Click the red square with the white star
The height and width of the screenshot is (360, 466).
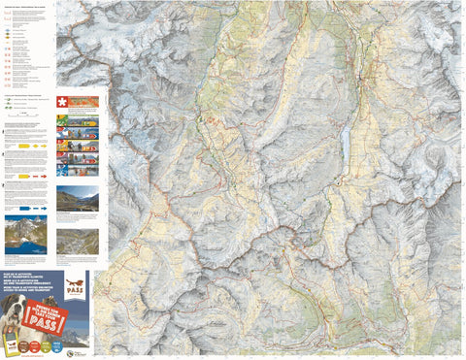(64, 102)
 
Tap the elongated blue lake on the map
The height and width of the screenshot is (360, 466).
(347, 148)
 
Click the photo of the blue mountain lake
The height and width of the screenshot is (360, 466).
(25, 232)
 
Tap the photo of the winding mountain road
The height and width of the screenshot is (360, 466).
(78, 242)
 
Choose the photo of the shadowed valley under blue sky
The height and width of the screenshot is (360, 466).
(78, 199)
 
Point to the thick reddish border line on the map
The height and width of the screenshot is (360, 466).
(291, 233)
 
